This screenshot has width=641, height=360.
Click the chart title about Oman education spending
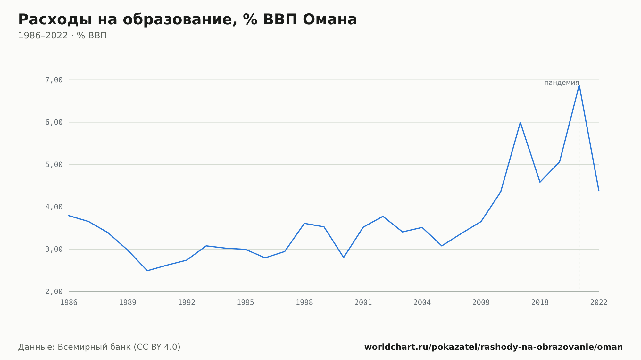pyautogui.click(x=187, y=20)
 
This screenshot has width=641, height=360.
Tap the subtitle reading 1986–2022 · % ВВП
pyautogui.click(x=62, y=36)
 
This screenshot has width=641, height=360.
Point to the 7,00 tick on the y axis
pyautogui.click(x=54, y=80)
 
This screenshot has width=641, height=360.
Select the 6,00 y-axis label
pyautogui.click(x=54, y=122)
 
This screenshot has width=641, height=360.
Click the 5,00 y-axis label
pyautogui.click(x=54, y=165)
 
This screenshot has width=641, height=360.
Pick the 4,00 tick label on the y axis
pyautogui.click(x=54, y=207)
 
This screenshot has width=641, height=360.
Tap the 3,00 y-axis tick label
pyautogui.click(x=54, y=249)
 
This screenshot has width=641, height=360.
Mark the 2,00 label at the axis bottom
pyautogui.click(x=54, y=291)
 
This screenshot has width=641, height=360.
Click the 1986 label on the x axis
pyautogui.click(x=69, y=303)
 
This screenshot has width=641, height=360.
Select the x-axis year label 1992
pyautogui.click(x=187, y=303)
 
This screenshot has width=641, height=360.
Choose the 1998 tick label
pyautogui.click(x=304, y=303)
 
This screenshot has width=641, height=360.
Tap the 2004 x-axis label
pyautogui.click(x=422, y=303)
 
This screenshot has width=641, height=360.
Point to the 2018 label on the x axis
pyautogui.click(x=540, y=303)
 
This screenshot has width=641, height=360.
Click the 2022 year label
pyautogui.click(x=599, y=303)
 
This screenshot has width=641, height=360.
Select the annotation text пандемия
pyautogui.click(x=562, y=83)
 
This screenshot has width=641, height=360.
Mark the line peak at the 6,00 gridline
pyautogui.click(x=520, y=122)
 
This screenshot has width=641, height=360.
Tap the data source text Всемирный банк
pyautogui.click(x=94, y=347)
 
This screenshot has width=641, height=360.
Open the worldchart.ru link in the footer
pyautogui.click(x=494, y=347)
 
